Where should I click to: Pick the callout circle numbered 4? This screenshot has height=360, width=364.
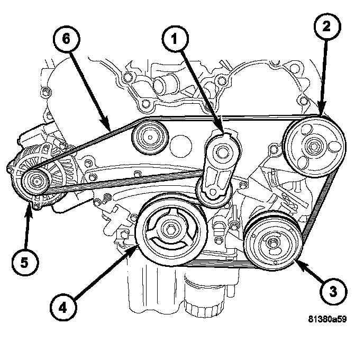click(x=63, y=306)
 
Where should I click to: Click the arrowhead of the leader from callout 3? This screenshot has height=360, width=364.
click(x=298, y=262)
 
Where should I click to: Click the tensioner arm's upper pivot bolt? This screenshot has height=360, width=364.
click(x=223, y=150)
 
